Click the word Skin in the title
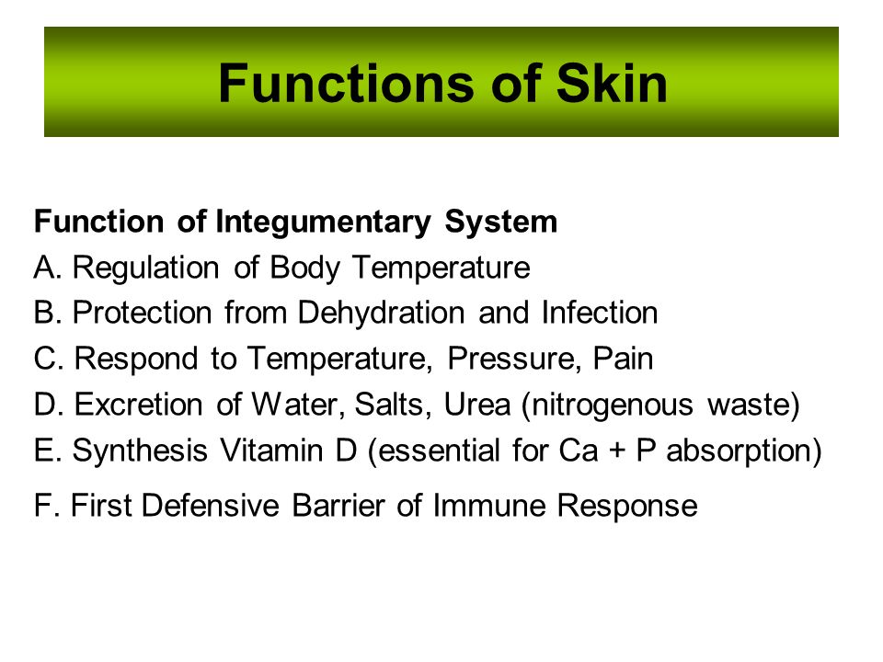[x=612, y=84]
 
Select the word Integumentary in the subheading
[x=323, y=223]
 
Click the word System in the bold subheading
[x=501, y=223]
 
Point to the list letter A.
[x=44, y=267]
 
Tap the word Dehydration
[x=381, y=314]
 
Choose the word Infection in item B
[x=600, y=313]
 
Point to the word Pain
[x=623, y=359]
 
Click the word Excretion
[x=139, y=405]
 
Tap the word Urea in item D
[x=477, y=405]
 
